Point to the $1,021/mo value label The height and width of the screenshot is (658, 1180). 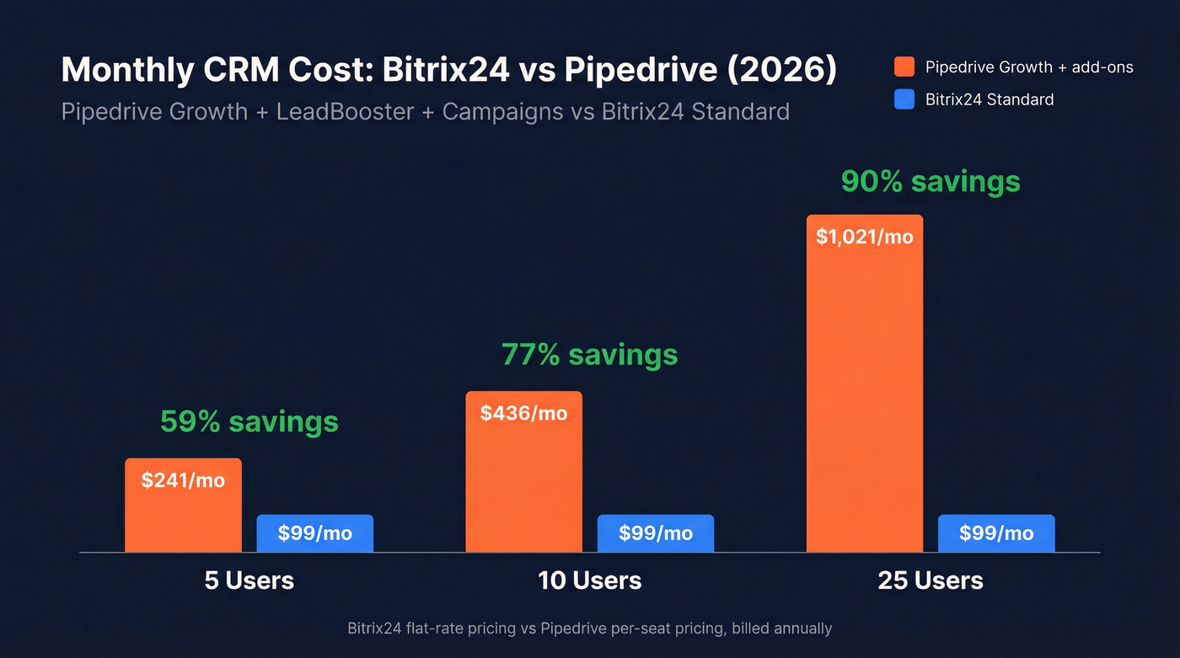pos(864,237)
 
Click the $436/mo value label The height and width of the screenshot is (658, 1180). pos(523,414)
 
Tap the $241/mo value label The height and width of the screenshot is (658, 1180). pos(183,480)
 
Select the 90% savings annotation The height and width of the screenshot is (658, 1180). pos(931,182)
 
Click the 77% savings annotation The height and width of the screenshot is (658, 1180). pos(589,355)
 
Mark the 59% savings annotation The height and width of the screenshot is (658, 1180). pos(249,421)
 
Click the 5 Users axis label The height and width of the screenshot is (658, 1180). pos(249,580)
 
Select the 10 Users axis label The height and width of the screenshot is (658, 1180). pos(589,580)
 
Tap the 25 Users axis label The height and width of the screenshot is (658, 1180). pos(931,580)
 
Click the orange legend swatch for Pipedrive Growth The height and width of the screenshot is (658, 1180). pos(904,67)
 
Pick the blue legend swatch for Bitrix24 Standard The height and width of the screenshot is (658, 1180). pos(904,99)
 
